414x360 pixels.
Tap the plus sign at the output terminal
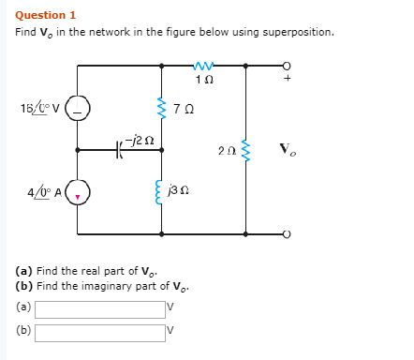tap(288, 79)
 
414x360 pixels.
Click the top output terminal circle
tap(288, 66)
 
